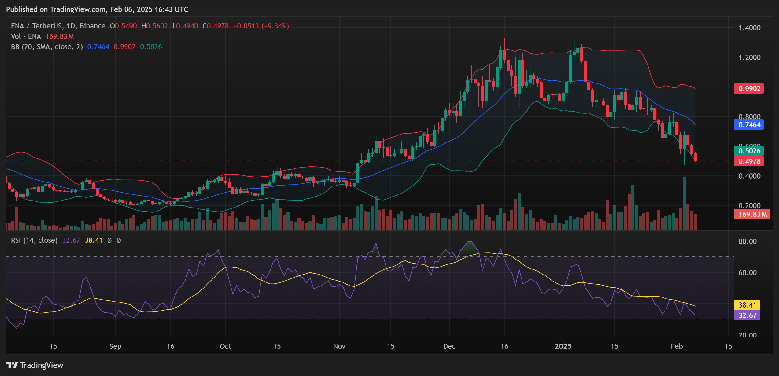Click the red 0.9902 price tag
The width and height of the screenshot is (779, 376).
pos(749,89)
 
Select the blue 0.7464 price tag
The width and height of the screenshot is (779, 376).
pos(749,125)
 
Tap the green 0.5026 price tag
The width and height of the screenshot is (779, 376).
pos(749,151)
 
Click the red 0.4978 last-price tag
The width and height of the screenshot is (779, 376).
pos(749,161)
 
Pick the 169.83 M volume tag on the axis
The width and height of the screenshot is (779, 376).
pos(752,214)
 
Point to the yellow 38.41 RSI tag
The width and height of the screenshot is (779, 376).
pos(747,305)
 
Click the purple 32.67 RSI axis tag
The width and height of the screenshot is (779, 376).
pos(747,315)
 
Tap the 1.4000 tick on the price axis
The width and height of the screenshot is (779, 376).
pos(749,28)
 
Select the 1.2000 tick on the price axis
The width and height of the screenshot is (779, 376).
pos(749,57)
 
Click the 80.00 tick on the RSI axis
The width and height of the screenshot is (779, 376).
pos(748,241)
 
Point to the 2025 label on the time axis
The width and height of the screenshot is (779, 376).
pos(563,346)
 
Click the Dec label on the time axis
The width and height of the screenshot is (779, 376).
pos(449,346)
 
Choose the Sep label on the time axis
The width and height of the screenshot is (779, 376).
pos(115,346)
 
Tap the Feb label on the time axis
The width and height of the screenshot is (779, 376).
pos(677,346)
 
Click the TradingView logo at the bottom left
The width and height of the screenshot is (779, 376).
pos(35,365)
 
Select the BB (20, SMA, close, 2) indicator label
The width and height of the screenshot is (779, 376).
pos(47,47)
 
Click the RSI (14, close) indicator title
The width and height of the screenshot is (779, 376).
pos(34,240)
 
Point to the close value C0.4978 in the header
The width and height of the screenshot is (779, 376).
pos(216,26)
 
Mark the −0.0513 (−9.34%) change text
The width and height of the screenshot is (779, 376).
pos(261,26)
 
